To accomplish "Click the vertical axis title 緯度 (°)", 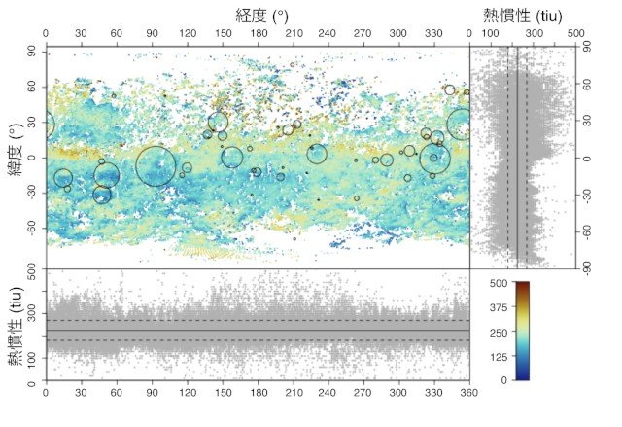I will [15, 155].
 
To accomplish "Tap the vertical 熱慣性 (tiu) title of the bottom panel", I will [16, 331].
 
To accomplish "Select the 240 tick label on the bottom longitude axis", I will [328, 395].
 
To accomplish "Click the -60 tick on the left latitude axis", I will [30, 228].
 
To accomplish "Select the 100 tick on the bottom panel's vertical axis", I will [33, 358].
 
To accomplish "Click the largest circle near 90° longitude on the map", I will [155, 165].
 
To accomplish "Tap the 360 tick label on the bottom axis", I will [468, 395].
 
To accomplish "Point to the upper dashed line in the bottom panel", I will [258, 321].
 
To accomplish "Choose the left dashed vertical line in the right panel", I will [507, 165].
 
